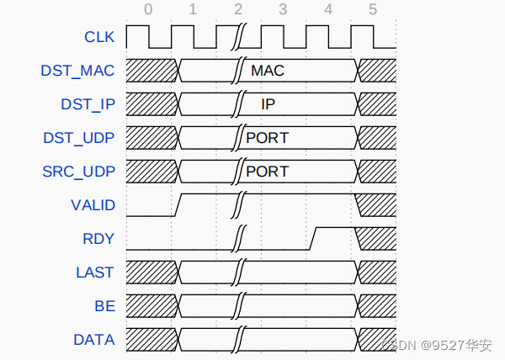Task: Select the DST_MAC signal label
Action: point(77,71)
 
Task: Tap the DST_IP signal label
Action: point(87,104)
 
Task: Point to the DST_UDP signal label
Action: point(78,138)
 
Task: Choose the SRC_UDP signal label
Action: point(78,172)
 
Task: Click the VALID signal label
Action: point(93,205)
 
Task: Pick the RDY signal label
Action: point(98,239)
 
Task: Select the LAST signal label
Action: point(95,273)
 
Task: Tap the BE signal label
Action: point(104,306)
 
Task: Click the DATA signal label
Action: point(94,340)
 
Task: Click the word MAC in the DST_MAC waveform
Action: point(268,71)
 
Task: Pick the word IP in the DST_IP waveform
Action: point(268,104)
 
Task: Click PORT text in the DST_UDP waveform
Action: point(267,138)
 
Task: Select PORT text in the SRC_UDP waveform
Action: point(267,172)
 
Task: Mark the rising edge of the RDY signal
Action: point(312,238)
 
